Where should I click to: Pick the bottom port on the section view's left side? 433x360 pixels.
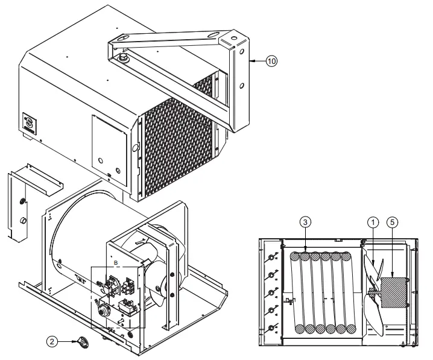pos(271,327)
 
